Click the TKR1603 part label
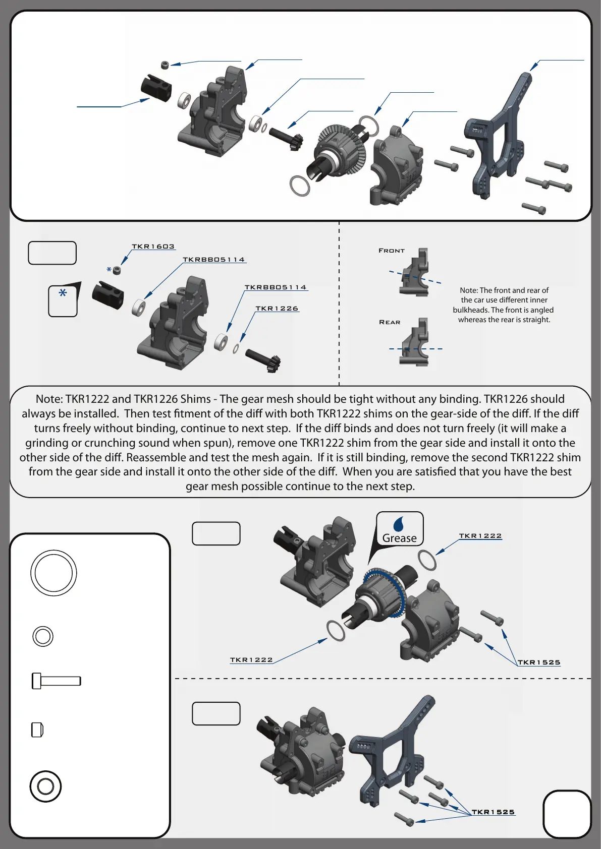[x=153, y=247]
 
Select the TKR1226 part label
[x=277, y=309]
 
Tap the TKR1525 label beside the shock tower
[x=493, y=812]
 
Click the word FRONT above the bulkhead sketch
[x=392, y=251]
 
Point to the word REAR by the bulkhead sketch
[x=390, y=322]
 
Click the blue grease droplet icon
[x=399, y=524]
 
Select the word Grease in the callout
[x=399, y=538]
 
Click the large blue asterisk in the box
[x=63, y=293]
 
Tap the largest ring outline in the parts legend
[x=53, y=573]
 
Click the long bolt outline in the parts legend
[x=57, y=681]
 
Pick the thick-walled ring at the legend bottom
[x=45, y=786]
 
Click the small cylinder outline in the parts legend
[x=37, y=730]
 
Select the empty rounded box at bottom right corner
[x=567, y=814]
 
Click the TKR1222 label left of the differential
[x=251, y=660]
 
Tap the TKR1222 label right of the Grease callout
[x=480, y=536]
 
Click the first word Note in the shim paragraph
[x=49, y=399]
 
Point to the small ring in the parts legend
[x=43, y=636]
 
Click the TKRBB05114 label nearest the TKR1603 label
[x=213, y=260]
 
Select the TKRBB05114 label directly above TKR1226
[x=276, y=287]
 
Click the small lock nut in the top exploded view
[x=165, y=65]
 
